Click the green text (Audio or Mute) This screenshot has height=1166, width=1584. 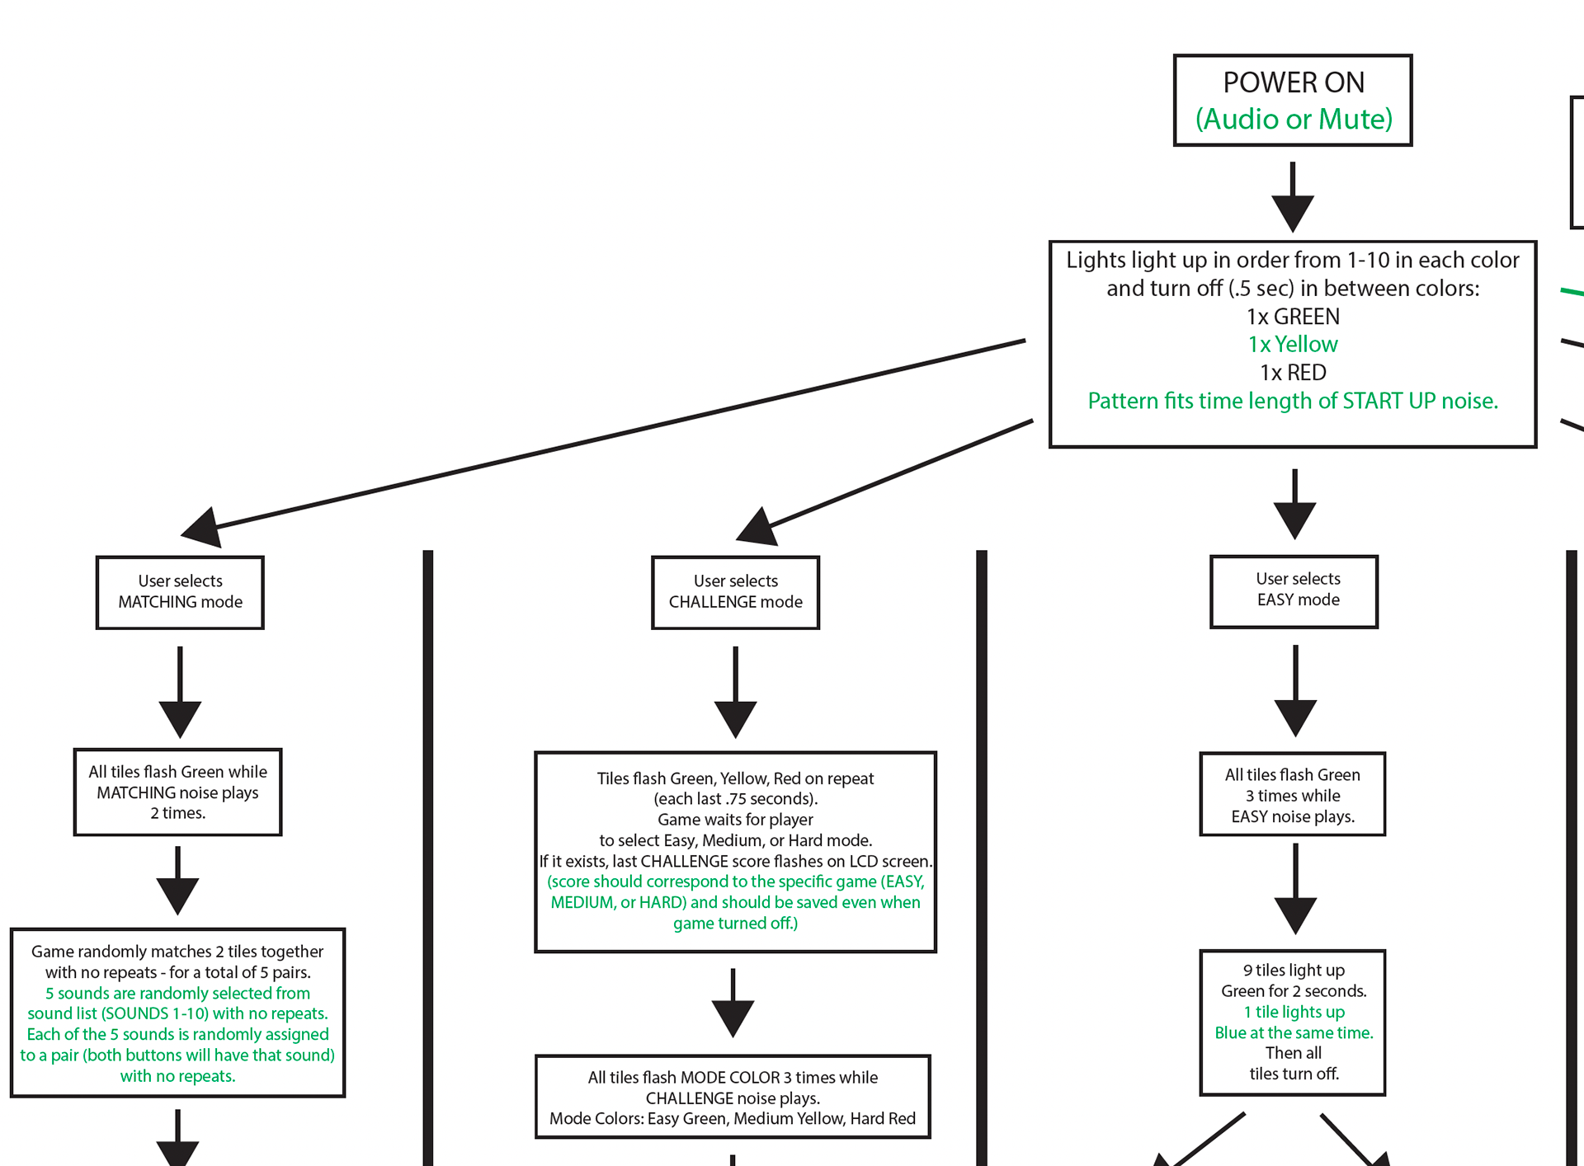tap(1294, 120)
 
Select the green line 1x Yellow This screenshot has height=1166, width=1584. tap(1293, 344)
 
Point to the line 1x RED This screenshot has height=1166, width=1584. tap(1293, 372)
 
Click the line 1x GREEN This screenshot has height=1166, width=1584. tap(1293, 316)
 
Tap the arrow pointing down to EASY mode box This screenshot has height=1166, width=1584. tap(1294, 504)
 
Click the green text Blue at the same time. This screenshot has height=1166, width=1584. tap(1294, 1032)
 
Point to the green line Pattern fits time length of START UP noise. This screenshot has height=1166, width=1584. tap(1293, 401)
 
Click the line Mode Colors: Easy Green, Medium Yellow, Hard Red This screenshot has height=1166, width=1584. tap(733, 1118)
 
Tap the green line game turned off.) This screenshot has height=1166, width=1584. tap(735, 924)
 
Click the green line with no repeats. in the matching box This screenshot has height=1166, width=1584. tap(177, 1076)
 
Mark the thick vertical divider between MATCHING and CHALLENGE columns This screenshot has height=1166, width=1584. tap(427, 858)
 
